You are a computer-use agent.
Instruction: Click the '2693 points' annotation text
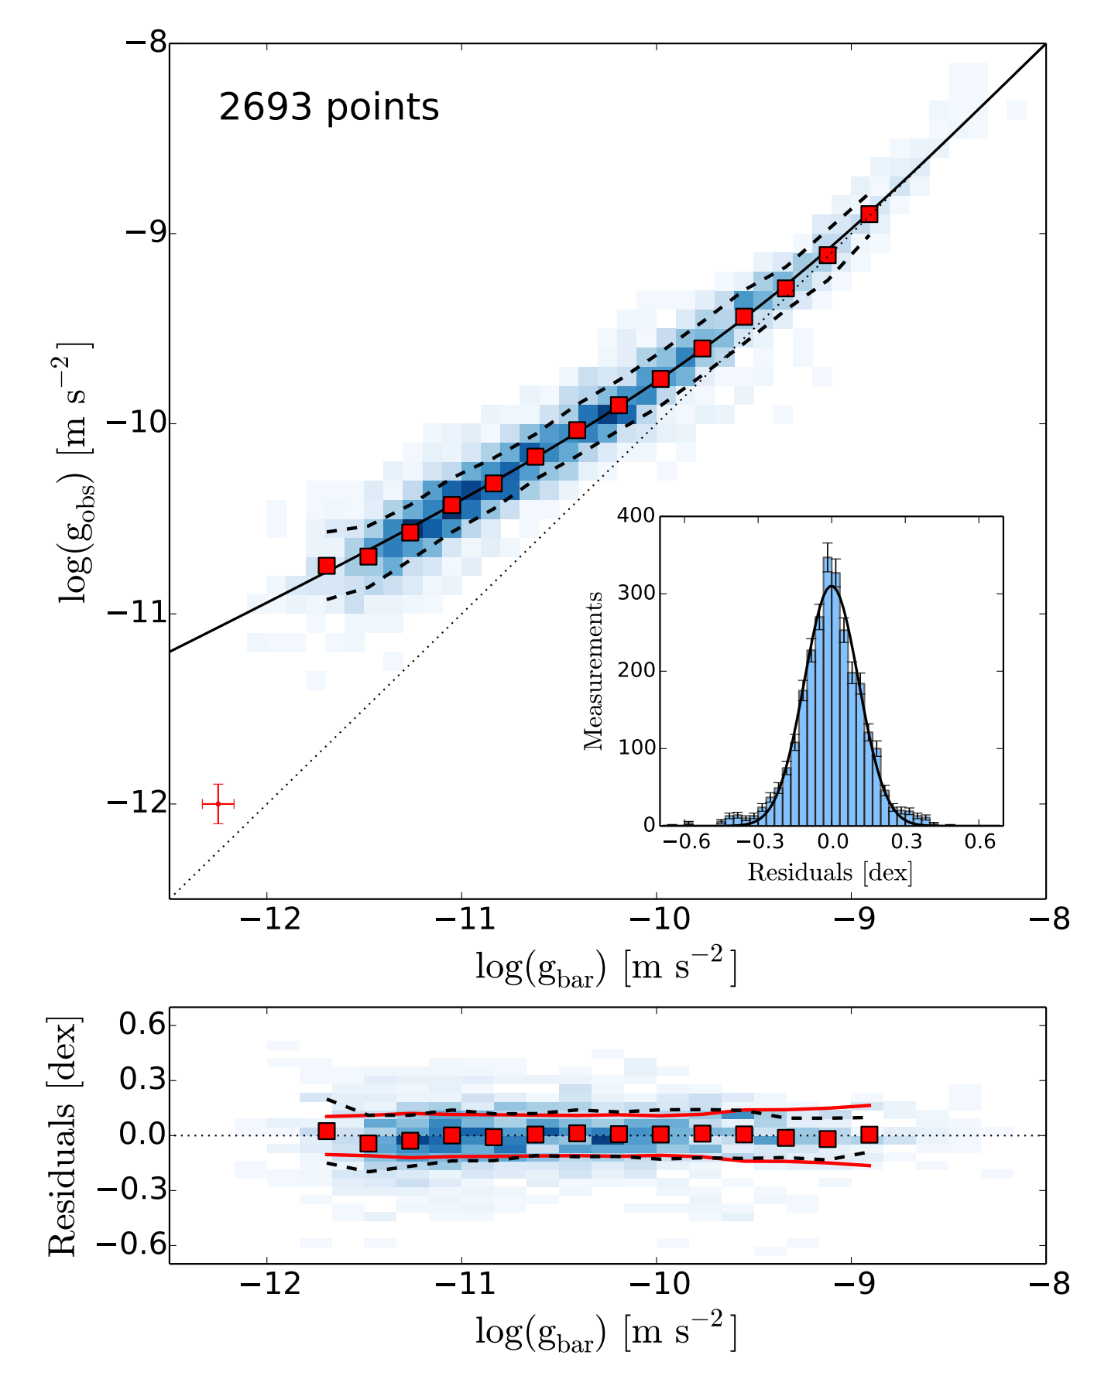click(x=329, y=107)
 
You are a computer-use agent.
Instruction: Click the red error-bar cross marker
click(x=218, y=804)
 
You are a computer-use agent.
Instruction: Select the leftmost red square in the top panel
click(x=327, y=566)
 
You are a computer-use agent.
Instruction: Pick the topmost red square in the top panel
click(x=869, y=214)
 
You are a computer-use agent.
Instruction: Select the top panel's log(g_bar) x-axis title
click(x=605, y=967)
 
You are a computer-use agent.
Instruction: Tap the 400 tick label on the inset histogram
click(x=636, y=515)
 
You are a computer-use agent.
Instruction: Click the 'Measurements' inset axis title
click(x=594, y=670)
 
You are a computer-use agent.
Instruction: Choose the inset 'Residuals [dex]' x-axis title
click(x=830, y=873)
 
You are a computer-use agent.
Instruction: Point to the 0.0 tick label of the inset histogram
click(x=832, y=841)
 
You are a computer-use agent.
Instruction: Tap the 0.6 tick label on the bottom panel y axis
click(x=142, y=1025)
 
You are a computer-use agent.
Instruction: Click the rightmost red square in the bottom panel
click(x=869, y=1135)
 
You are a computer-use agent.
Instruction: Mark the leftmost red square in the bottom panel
click(x=327, y=1131)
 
